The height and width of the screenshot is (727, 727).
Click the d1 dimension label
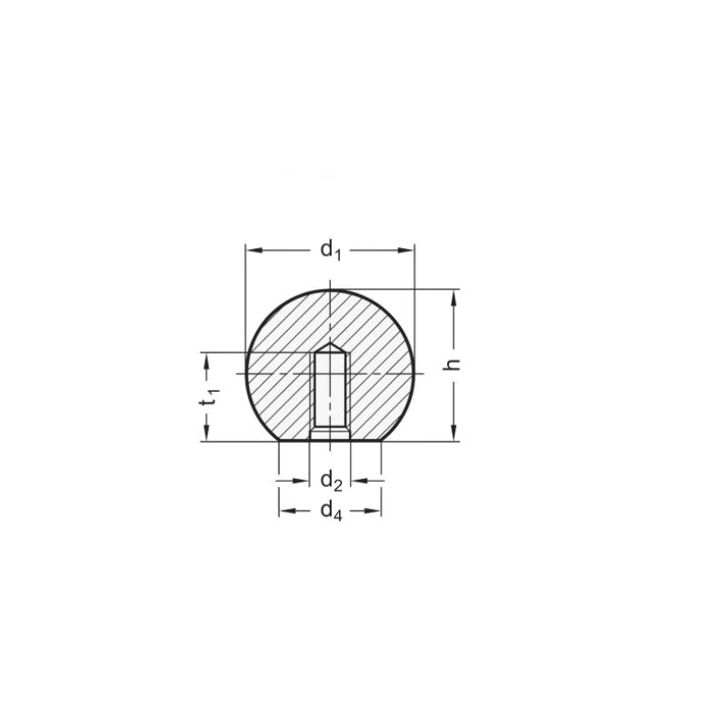tap(331, 250)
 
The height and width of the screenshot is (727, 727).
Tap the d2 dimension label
tap(331, 481)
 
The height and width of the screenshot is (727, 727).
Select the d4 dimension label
tap(331, 511)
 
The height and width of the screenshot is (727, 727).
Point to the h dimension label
tap(452, 364)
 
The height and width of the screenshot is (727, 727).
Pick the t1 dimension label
tap(209, 396)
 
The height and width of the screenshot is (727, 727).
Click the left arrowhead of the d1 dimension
tap(254, 251)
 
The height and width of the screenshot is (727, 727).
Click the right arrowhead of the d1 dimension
tap(404, 251)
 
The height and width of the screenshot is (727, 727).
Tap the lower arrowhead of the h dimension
tap(453, 433)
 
